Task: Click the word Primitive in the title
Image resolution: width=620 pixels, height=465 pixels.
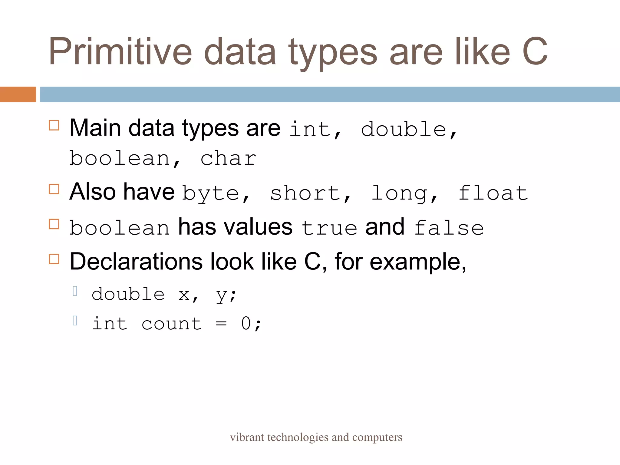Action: point(120,51)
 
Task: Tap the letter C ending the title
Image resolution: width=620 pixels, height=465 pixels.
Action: point(535,51)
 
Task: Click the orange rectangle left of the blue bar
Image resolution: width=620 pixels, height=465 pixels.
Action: point(18,94)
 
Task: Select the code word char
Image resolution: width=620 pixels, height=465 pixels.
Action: point(228,159)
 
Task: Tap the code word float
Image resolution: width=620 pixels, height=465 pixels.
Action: point(493,193)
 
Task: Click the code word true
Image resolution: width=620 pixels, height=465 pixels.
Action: point(329,228)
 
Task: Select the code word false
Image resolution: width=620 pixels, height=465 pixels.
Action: point(449,228)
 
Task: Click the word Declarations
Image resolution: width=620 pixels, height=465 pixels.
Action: point(136,262)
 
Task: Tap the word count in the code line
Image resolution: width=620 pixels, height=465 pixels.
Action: point(171,324)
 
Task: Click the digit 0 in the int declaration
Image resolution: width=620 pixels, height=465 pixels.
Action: point(246,323)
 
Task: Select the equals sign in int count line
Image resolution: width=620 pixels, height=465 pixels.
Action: point(221,324)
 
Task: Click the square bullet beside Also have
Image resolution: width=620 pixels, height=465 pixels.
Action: point(54,189)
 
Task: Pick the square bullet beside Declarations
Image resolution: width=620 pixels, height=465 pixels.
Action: point(54,259)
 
